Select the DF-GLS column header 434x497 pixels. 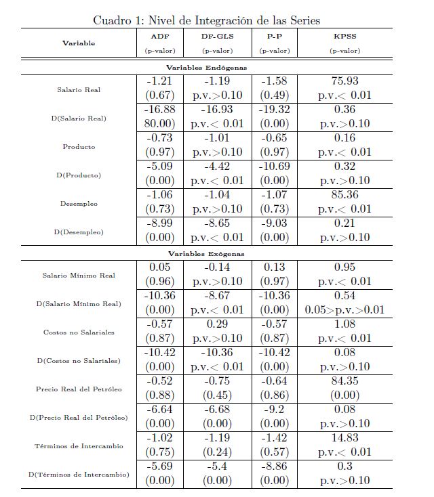217,36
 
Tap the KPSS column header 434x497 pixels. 344,36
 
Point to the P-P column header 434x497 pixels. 275,36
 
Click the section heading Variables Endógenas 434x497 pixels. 207,68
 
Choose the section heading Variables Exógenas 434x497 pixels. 207,254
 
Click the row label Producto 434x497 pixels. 79,147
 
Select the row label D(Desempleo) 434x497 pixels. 79,232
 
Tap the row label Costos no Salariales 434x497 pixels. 79,332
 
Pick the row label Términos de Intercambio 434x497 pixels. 79,446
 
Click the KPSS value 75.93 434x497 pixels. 344,81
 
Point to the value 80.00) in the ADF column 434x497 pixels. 160,124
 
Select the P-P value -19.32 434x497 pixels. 275,110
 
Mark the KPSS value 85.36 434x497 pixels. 344,195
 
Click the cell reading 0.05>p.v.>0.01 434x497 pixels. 344,309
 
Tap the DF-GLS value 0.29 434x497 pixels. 217,324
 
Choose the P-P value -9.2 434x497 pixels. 275,409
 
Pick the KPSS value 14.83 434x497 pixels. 344,437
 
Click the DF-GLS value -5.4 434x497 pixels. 217,466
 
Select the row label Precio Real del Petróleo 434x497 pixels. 79,389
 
